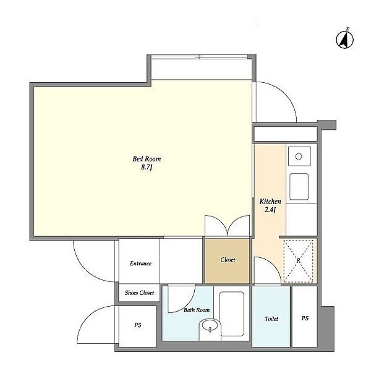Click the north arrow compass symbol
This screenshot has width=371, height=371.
(345, 39)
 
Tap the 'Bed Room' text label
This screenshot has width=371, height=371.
(143, 159)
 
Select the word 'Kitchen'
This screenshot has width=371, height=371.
(270, 202)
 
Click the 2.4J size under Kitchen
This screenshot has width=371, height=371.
(270, 210)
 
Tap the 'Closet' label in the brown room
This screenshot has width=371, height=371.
(228, 260)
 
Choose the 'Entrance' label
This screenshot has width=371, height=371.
(140, 263)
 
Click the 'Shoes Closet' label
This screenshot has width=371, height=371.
(140, 292)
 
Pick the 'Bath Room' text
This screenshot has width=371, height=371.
(197, 310)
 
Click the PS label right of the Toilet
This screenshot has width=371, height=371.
(304, 318)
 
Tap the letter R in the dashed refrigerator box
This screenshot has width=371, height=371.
(299, 260)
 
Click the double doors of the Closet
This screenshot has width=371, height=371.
(228, 226)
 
